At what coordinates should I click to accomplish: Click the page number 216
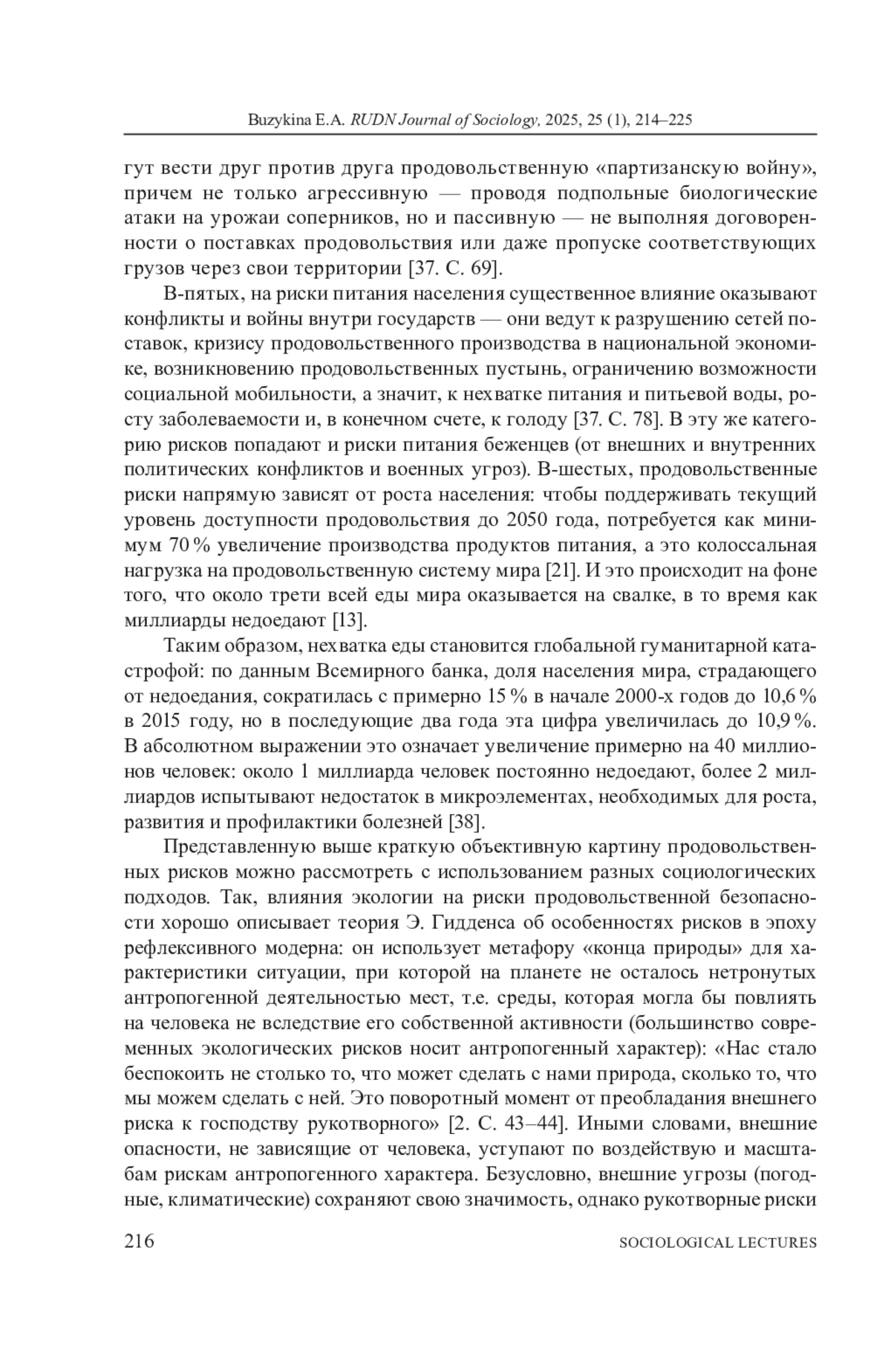(139, 1241)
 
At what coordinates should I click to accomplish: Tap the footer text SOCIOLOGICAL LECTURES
(717, 1242)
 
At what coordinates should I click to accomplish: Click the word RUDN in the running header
(369, 120)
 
